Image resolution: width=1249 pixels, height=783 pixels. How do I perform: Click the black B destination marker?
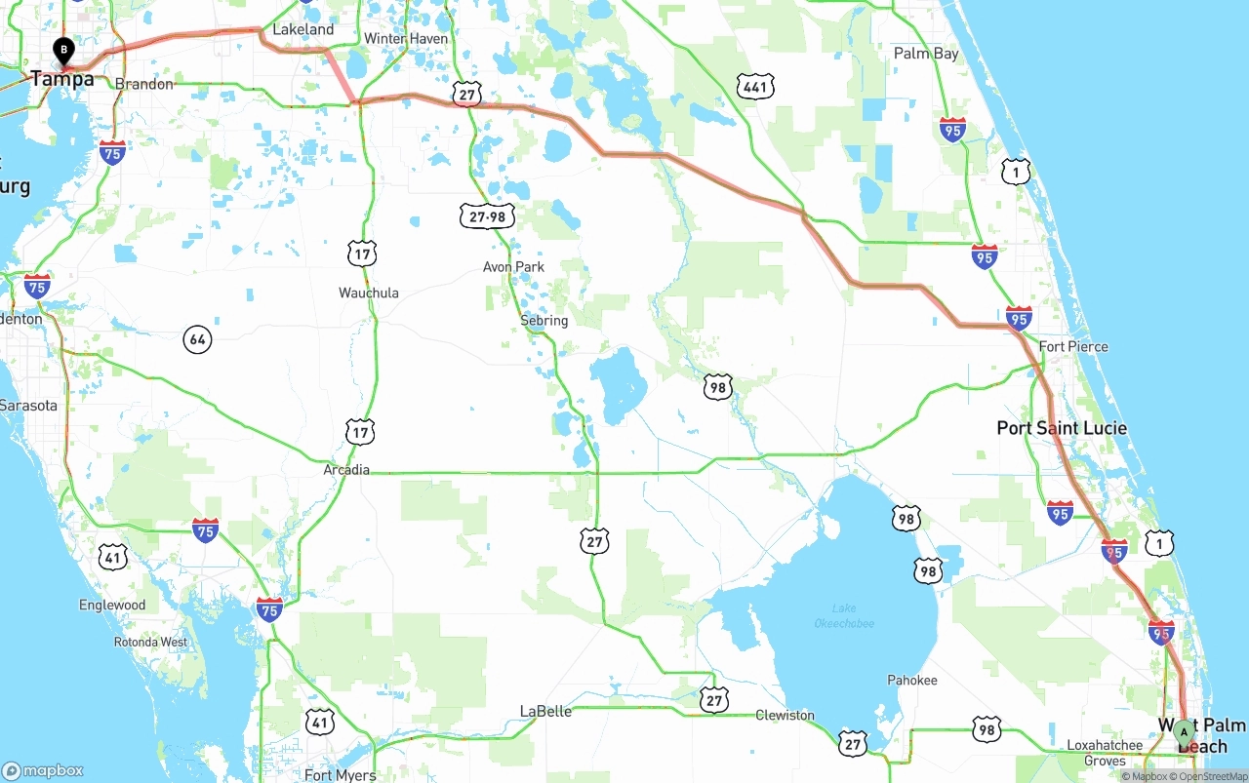click(x=64, y=49)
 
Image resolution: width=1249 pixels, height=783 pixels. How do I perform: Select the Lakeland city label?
click(x=302, y=30)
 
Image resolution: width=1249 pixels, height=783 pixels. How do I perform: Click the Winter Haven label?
click(x=406, y=39)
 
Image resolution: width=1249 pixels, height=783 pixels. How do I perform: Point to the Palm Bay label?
click(x=926, y=54)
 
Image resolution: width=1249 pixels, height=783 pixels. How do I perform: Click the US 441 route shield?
click(x=756, y=87)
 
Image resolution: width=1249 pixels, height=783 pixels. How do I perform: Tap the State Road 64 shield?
click(x=198, y=339)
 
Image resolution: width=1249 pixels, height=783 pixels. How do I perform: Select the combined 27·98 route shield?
click(x=487, y=215)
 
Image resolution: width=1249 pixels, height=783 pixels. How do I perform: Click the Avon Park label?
click(x=513, y=267)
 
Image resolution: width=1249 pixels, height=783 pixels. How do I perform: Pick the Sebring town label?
click(x=544, y=321)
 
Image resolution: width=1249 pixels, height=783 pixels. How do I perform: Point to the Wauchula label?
click(x=369, y=294)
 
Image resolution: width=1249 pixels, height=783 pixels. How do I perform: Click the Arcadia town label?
click(x=346, y=470)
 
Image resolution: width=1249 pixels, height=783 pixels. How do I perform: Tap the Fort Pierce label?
click(x=1073, y=347)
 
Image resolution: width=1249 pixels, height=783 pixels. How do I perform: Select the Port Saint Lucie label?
click(x=1062, y=428)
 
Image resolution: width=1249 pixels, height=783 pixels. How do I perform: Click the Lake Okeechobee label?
click(x=845, y=616)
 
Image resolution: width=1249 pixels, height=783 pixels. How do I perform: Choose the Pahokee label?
click(x=912, y=681)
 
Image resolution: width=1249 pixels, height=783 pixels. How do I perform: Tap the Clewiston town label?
click(x=785, y=716)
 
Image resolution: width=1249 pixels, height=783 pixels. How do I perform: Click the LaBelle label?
click(x=545, y=711)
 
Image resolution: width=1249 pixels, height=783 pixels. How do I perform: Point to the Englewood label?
click(x=112, y=606)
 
